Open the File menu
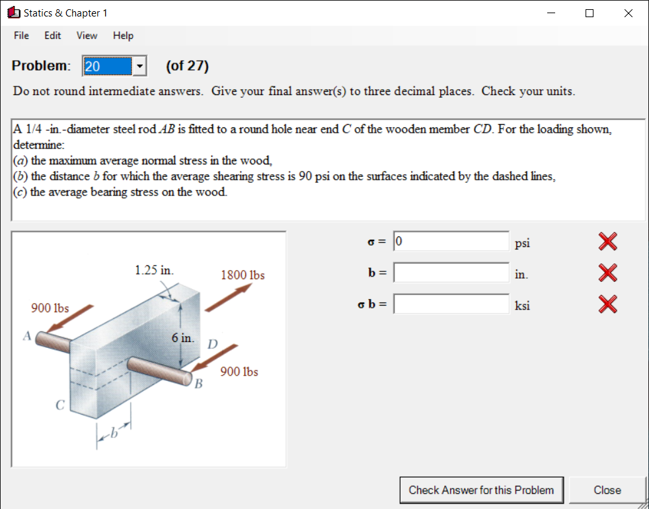21,36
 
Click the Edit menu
53,36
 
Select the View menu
87,36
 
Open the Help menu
123,36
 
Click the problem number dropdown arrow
139,66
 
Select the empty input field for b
451,273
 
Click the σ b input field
451,304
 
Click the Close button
607,490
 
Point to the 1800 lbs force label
243,275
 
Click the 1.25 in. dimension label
154,270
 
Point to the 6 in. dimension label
182,338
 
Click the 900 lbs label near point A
50,308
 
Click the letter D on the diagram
212,344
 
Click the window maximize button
590,13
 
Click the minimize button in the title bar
551,13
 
